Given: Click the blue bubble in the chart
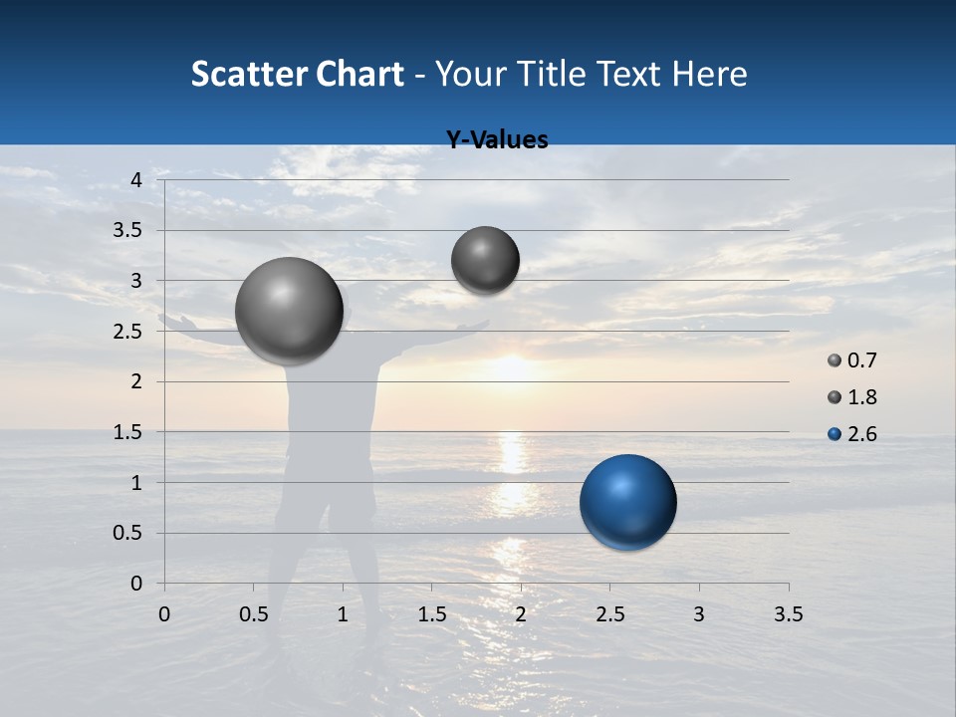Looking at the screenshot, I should pos(627,502).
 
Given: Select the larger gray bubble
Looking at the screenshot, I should pos(289,311).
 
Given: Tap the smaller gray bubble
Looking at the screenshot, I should pos(485,260).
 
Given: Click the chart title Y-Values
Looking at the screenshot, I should pos(496,140).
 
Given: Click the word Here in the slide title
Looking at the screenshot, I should pos(710,74).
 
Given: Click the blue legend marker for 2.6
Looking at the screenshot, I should pos(835,434).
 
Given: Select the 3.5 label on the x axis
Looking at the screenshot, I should pos(788,614).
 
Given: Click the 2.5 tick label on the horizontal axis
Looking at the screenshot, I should pos(609,614).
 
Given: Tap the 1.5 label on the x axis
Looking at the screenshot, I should pos(431,614).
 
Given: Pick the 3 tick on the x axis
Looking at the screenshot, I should pos(699,614).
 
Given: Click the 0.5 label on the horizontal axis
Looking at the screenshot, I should pos(253,614).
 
